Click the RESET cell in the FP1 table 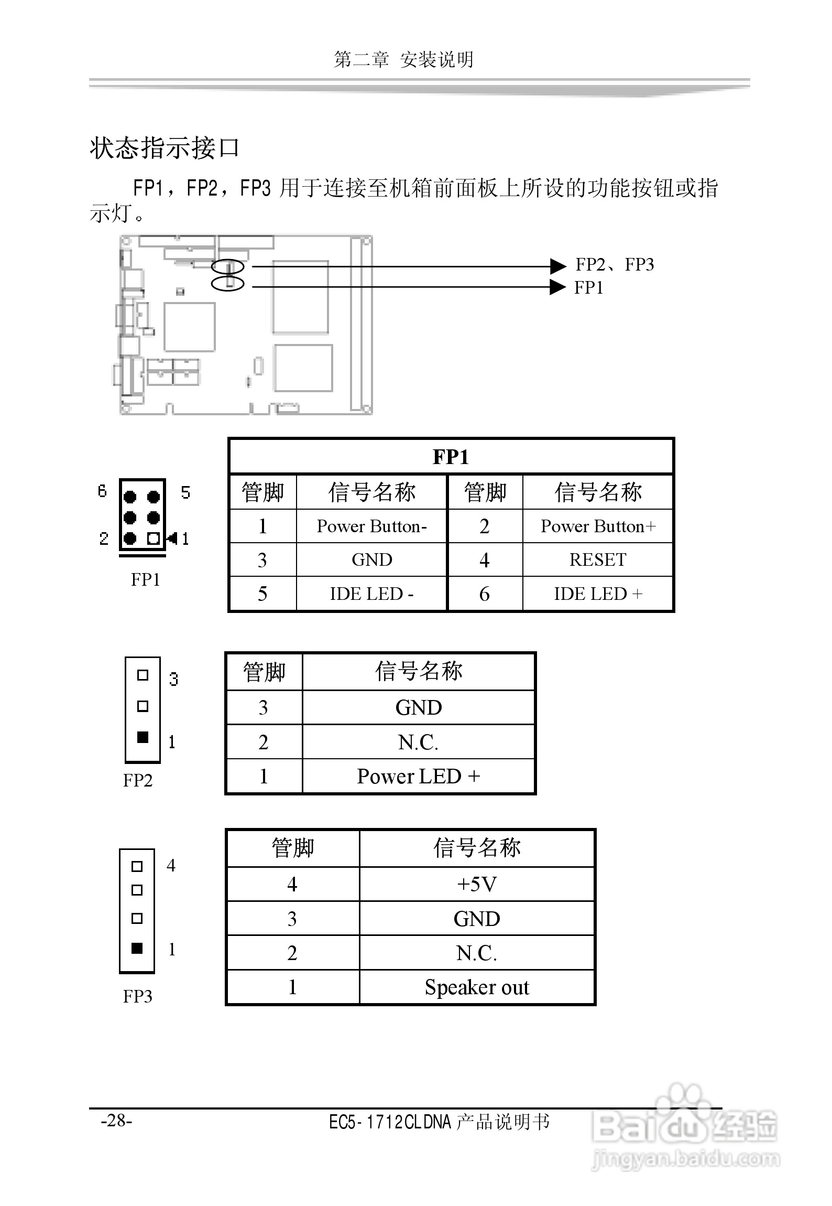tap(598, 559)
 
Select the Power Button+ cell tap(598, 526)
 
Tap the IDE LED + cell tap(598, 594)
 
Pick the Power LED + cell tap(418, 777)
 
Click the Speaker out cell tap(477, 987)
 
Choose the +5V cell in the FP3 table tap(477, 885)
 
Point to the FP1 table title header tap(451, 457)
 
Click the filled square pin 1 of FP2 tap(143, 737)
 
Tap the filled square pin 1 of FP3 tap(137, 948)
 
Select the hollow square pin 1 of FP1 tap(153, 539)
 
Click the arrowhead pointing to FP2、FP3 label tap(557, 266)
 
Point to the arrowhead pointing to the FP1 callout tap(557, 287)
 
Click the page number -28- tap(116, 1121)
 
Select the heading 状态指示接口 tap(165, 148)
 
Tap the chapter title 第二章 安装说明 tap(403, 60)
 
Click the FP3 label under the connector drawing tap(137, 996)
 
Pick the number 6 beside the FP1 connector tap(102, 491)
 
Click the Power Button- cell tap(371, 526)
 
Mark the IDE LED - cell tap(371, 594)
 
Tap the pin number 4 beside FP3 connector tap(171, 865)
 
